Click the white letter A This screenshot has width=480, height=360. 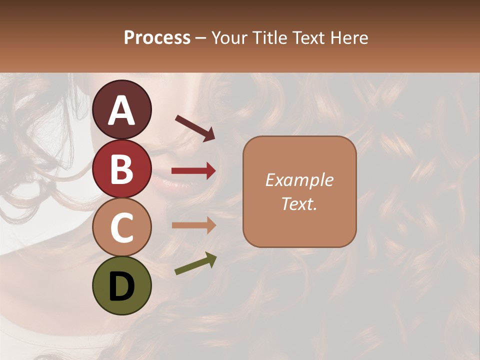[x=121, y=110]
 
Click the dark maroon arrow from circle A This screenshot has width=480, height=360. [x=195, y=128]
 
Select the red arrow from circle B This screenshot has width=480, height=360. [x=193, y=171]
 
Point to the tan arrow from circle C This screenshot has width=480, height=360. [x=193, y=225]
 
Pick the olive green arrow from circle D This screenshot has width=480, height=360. [x=195, y=263]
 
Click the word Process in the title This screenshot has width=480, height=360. [x=157, y=37]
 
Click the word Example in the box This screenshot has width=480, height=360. [x=299, y=180]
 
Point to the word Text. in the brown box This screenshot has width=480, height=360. [x=299, y=203]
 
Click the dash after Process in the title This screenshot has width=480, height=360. [x=201, y=38]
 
